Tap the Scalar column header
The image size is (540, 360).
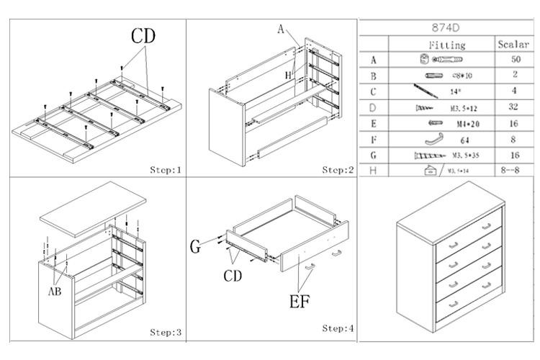(x=513, y=45)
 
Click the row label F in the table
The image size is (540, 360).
(x=374, y=139)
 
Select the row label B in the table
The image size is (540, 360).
(x=374, y=76)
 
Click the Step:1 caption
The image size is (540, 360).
(x=166, y=170)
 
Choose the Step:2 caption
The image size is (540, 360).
(x=338, y=170)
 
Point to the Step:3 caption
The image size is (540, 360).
(x=166, y=332)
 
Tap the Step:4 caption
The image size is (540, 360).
(x=338, y=328)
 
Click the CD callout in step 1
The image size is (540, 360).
(x=143, y=35)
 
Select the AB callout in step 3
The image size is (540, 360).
(x=55, y=292)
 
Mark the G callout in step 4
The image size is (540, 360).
(x=194, y=248)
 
